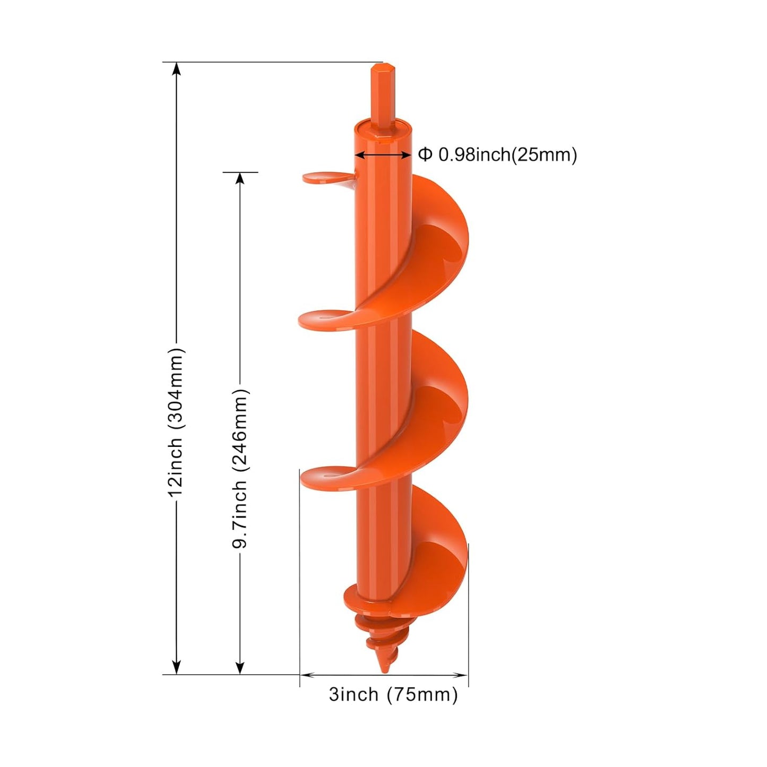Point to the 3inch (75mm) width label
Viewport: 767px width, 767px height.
click(393, 694)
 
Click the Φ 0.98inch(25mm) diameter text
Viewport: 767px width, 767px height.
click(497, 154)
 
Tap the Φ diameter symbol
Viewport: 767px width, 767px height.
click(425, 154)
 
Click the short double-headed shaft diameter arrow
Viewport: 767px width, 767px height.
click(382, 154)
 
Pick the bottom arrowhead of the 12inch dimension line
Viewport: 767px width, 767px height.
click(177, 668)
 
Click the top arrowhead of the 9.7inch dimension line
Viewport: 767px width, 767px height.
click(240, 179)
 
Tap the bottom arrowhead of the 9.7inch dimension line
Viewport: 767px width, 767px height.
click(240, 668)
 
